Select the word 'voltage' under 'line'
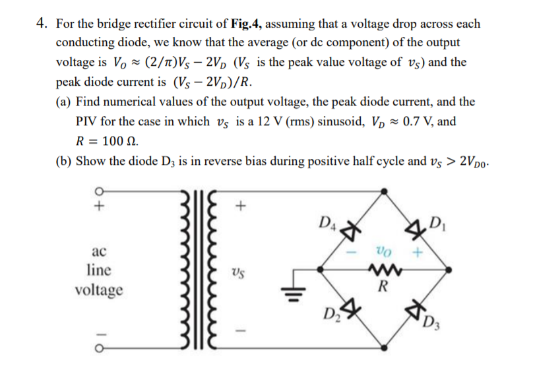(99, 290)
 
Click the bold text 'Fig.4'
(247, 24)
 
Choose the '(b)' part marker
(64, 161)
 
